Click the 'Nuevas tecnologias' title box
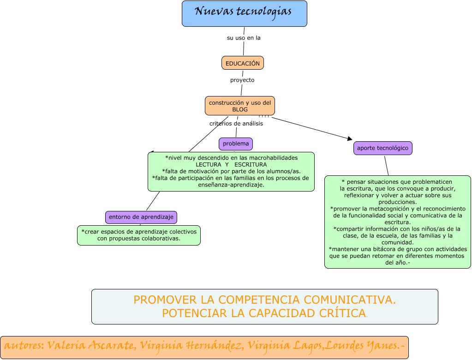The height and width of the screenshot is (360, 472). [244, 13]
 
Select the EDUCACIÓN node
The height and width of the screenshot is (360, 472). [242, 63]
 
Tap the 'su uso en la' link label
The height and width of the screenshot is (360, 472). [244, 38]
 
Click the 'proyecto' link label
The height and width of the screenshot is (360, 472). [242, 80]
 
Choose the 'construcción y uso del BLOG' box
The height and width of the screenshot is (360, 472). [239, 106]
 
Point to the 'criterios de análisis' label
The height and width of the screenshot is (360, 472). [236, 123]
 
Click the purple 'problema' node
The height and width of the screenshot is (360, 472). [235, 144]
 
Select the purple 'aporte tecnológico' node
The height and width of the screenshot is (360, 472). [382, 148]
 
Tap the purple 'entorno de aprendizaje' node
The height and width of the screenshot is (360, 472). [141, 217]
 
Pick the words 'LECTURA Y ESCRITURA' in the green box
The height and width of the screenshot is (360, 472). [231, 164]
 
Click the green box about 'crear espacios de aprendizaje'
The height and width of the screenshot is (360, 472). [138, 235]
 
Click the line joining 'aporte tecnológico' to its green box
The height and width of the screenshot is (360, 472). [386, 165]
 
